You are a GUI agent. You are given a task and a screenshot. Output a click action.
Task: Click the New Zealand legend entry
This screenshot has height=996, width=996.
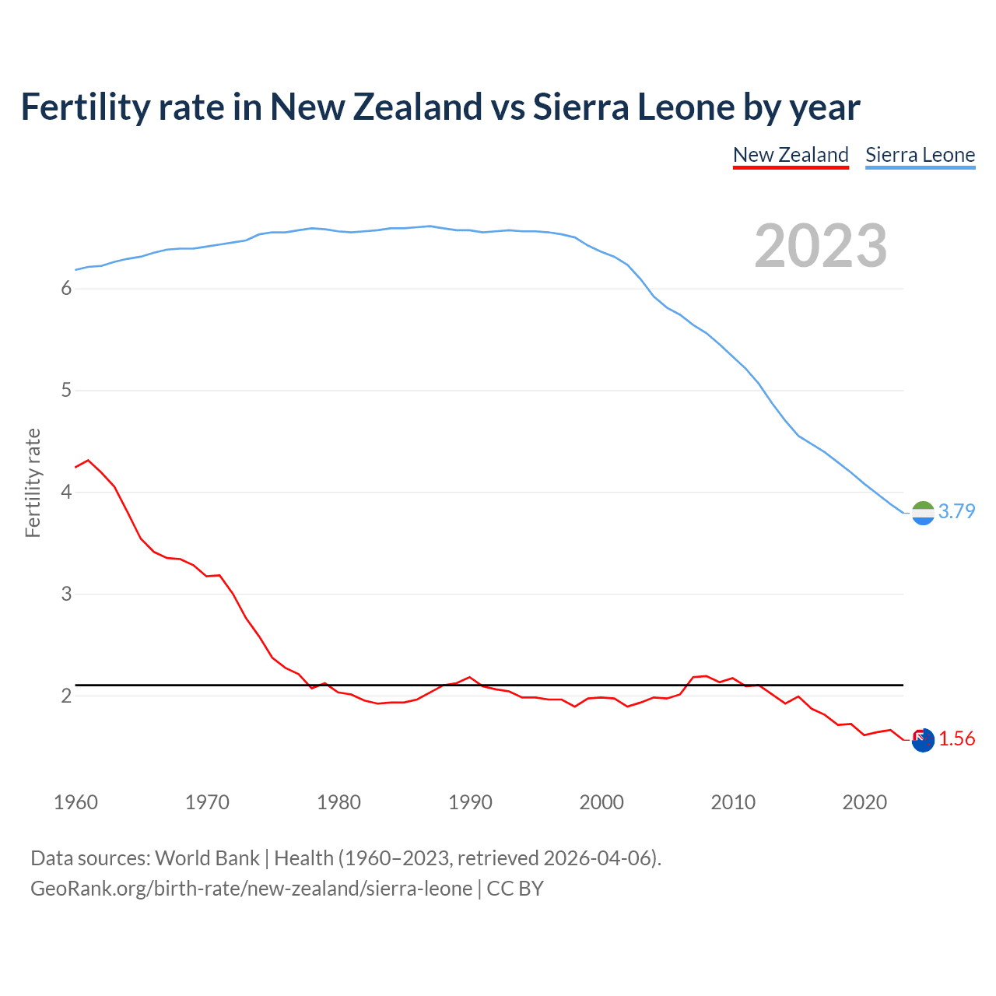(791, 155)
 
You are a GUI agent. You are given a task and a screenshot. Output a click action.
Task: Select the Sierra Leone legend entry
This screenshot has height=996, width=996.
(920, 155)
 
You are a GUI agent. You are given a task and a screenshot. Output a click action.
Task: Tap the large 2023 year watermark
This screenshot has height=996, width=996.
(821, 246)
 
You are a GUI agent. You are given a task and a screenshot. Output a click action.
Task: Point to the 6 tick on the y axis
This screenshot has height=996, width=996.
(66, 289)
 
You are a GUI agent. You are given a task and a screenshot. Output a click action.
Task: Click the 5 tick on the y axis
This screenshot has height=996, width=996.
(66, 391)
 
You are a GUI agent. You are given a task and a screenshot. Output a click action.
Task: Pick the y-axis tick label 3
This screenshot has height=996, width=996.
(66, 594)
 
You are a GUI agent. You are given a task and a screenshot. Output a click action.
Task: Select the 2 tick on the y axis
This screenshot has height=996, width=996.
(66, 696)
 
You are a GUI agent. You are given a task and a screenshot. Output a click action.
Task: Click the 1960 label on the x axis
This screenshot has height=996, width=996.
(75, 802)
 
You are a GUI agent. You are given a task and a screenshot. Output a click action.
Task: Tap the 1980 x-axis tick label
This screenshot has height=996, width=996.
(338, 802)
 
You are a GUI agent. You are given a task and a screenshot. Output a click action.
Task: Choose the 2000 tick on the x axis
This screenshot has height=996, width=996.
(601, 802)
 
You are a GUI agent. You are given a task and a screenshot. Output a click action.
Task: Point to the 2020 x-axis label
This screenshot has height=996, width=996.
(864, 802)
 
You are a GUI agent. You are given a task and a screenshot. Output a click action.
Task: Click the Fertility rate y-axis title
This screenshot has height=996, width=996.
(33, 482)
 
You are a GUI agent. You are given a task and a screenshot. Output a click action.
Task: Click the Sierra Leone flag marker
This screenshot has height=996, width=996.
(923, 513)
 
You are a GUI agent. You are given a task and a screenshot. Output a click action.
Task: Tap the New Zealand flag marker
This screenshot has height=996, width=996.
(923, 740)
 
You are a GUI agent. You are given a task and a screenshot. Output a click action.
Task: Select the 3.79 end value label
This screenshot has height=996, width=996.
(956, 511)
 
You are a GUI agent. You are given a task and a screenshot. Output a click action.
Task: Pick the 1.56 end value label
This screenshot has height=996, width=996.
(956, 738)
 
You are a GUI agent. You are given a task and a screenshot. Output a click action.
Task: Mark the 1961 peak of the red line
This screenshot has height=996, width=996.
(88, 460)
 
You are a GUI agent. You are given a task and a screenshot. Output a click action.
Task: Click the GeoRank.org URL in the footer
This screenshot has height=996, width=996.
(251, 889)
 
